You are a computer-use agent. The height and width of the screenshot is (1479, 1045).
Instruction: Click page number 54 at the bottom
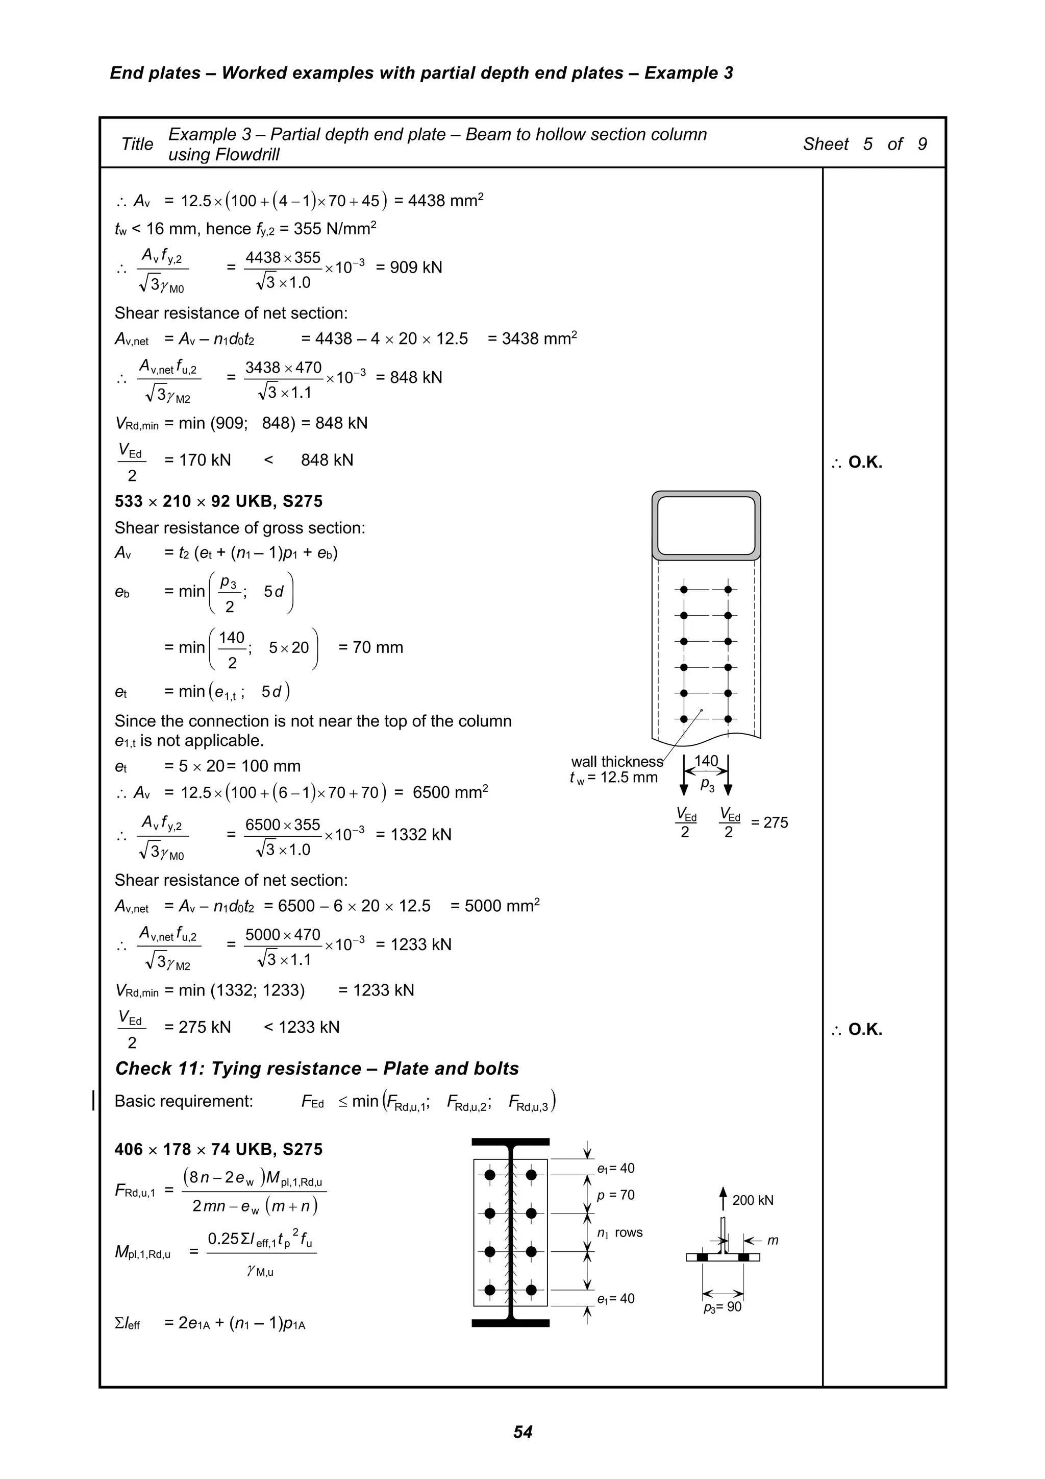click(522, 1432)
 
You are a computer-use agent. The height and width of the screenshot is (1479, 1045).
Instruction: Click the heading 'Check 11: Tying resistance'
click(317, 1069)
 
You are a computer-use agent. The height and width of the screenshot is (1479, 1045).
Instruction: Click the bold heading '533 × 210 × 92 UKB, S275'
click(218, 501)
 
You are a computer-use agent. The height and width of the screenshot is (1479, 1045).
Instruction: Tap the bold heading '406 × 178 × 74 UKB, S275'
click(218, 1149)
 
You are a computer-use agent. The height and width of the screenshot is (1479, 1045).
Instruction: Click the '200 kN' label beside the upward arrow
click(752, 1200)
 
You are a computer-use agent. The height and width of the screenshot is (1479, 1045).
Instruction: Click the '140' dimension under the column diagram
click(706, 761)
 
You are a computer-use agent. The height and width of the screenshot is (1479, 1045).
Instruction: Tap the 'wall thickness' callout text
click(616, 761)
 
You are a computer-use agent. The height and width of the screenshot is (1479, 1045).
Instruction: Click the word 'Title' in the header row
click(137, 144)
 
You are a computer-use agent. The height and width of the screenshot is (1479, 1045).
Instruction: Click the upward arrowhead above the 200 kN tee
click(723, 1192)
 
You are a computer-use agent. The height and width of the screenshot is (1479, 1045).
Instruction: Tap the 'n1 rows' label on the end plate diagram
click(619, 1233)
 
